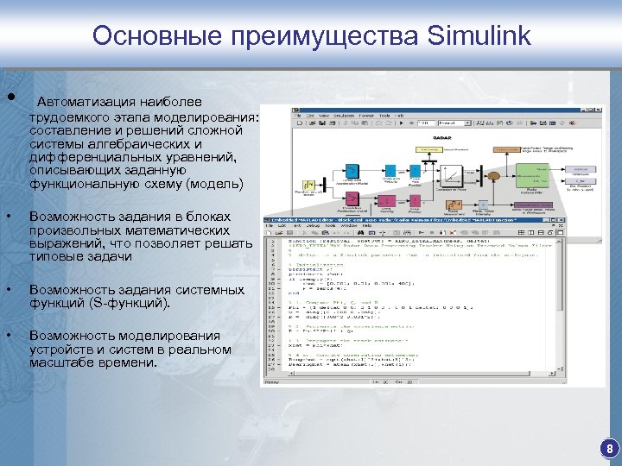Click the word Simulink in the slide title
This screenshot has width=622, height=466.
(x=479, y=36)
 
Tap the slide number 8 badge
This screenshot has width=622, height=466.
(x=609, y=449)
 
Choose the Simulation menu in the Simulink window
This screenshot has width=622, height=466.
(x=344, y=115)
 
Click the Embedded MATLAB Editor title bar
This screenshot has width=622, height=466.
(x=389, y=220)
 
